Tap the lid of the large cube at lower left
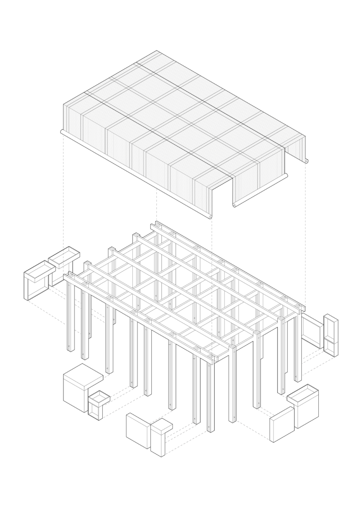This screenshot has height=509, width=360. pyautogui.click(x=83, y=375)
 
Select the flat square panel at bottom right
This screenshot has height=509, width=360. pyautogui.click(x=281, y=423)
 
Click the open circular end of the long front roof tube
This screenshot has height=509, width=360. pyautogui.click(x=210, y=217)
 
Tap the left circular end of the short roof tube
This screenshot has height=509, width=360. pyautogui.click(x=235, y=205)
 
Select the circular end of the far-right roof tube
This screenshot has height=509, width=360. pyautogui.click(x=306, y=161)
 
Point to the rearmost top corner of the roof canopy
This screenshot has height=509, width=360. pyautogui.click(x=157, y=51)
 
